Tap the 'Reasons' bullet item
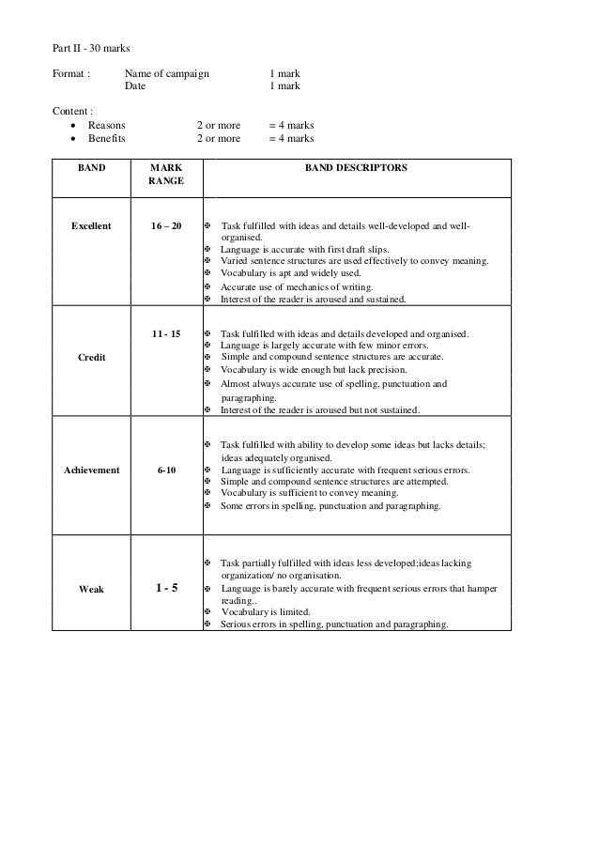[106, 125]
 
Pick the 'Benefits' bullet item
[106, 138]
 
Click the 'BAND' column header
[91, 166]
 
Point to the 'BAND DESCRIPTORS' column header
[356, 166]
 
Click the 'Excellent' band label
[91, 226]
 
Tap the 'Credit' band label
[91, 358]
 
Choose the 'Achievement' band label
[91, 470]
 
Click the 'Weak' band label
[91, 589]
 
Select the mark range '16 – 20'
[167, 226]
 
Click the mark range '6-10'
[167, 470]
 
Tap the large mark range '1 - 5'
[167, 589]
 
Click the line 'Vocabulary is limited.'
[265, 611]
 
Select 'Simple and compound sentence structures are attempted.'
[333, 481]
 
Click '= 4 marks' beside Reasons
[291, 125]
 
